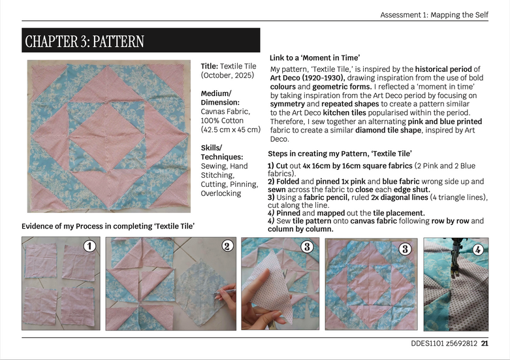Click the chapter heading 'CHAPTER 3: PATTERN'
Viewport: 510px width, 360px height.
click(85, 41)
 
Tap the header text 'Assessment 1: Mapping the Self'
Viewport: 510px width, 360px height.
click(434, 15)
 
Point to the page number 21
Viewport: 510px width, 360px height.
click(485, 344)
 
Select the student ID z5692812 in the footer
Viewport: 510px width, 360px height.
click(462, 344)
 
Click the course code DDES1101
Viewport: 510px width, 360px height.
click(427, 344)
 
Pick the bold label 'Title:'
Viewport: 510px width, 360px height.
click(209, 66)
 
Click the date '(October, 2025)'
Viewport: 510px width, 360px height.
click(227, 75)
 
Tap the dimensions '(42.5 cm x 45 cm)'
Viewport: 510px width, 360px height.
click(231, 129)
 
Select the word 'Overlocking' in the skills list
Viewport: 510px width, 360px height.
click(221, 193)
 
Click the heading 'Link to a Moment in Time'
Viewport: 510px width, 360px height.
click(315, 58)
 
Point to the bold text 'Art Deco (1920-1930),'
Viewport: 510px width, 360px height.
click(308, 78)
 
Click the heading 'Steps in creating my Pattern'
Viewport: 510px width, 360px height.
click(340, 154)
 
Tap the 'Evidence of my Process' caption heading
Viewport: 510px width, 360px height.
click(108, 226)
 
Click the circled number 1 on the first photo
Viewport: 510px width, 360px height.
click(89, 246)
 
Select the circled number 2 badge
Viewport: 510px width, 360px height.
click(227, 246)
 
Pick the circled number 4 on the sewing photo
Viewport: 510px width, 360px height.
click(477, 250)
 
